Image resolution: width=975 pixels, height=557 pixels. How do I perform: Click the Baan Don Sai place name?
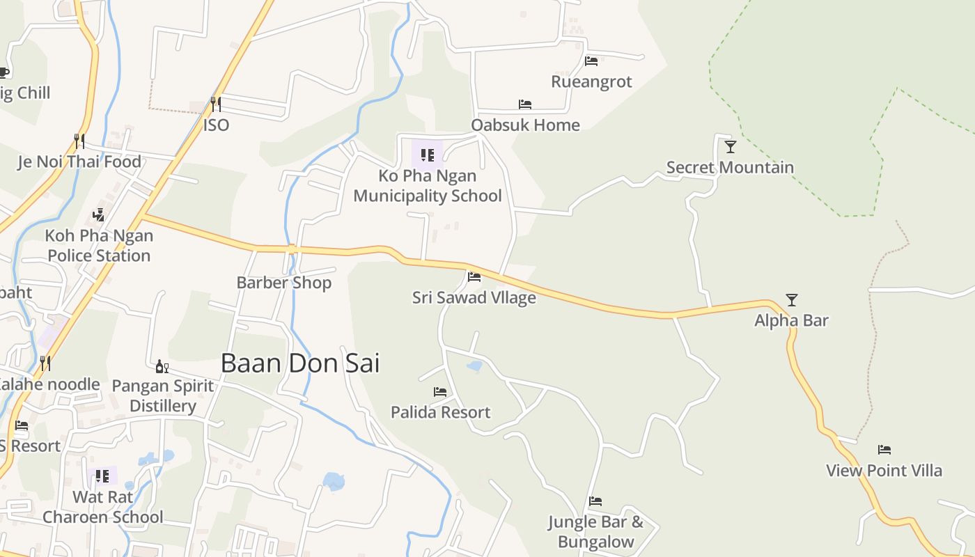point(300,363)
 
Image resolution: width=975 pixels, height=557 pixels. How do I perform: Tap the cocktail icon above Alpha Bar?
point(792,300)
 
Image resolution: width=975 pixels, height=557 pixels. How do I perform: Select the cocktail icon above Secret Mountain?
point(730,146)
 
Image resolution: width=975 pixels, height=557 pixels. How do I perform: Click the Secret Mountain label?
point(730,167)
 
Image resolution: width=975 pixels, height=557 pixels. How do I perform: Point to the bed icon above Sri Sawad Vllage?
point(474,277)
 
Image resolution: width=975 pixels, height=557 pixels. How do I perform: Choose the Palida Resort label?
point(440,412)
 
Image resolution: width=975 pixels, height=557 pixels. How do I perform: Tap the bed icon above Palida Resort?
point(440,392)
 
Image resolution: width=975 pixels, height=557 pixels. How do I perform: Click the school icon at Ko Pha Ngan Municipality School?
point(428,155)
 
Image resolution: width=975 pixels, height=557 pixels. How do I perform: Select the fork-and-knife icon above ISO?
point(216,104)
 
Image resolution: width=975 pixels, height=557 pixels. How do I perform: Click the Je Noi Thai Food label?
point(79,162)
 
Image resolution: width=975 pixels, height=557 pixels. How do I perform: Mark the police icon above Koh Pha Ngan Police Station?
point(99,215)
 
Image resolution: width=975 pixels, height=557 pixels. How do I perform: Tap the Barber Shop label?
point(283,283)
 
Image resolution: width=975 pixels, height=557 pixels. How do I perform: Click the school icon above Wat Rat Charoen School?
point(102,476)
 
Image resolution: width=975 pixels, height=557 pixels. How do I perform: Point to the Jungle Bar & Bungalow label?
point(595,532)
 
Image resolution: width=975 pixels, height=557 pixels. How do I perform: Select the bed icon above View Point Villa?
point(884,450)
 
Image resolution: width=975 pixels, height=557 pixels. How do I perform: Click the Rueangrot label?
point(591,81)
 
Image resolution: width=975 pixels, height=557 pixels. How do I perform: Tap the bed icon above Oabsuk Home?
point(525,104)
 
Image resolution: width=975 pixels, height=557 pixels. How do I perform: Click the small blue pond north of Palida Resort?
point(474,366)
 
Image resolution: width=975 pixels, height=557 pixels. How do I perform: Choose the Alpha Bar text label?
point(792,320)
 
